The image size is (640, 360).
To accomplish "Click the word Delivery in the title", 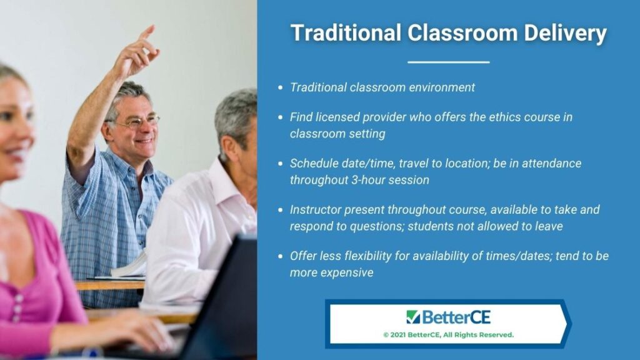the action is pos(565,32).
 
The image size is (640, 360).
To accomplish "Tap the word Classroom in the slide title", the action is pos(462,32).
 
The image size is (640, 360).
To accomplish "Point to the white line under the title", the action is pos(449,62).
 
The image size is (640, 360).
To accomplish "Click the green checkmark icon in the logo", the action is pos(412,317).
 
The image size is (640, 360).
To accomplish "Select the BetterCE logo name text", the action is pos(456,317).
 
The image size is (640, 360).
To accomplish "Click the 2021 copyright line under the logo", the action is pos(448,335).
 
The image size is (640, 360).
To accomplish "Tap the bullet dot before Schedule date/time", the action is pos(280,164).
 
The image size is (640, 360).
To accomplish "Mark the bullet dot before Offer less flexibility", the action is pos(280,256).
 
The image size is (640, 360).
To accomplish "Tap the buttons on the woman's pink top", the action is pos(17,308).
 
